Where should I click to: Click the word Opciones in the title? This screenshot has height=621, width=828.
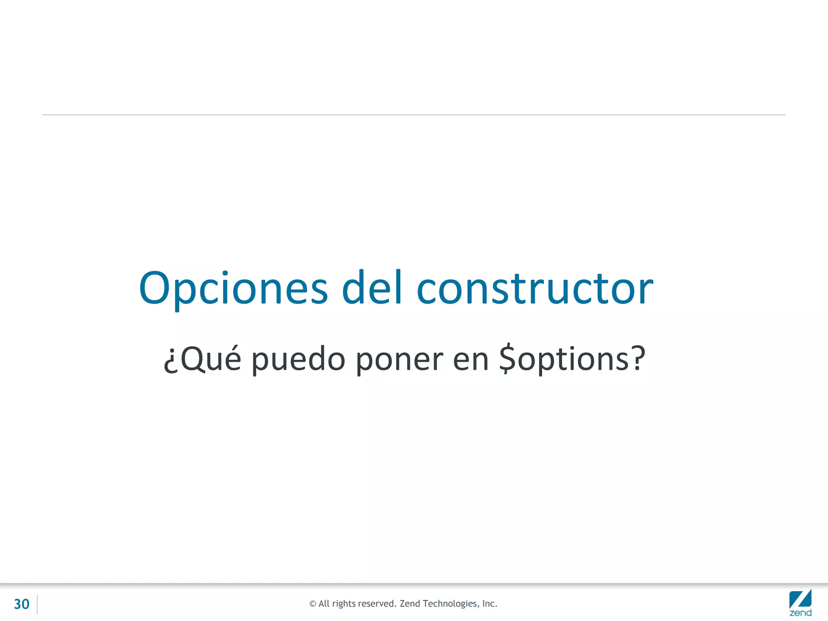(233, 288)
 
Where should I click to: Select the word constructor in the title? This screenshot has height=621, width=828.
(534, 288)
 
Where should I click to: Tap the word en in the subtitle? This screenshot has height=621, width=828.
(471, 359)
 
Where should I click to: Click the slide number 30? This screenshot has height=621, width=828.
(22, 604)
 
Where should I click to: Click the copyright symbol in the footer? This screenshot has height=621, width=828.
(313, 604)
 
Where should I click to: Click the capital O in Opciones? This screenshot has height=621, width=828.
(154, 288)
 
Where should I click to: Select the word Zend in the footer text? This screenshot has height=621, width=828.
(410, 604)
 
